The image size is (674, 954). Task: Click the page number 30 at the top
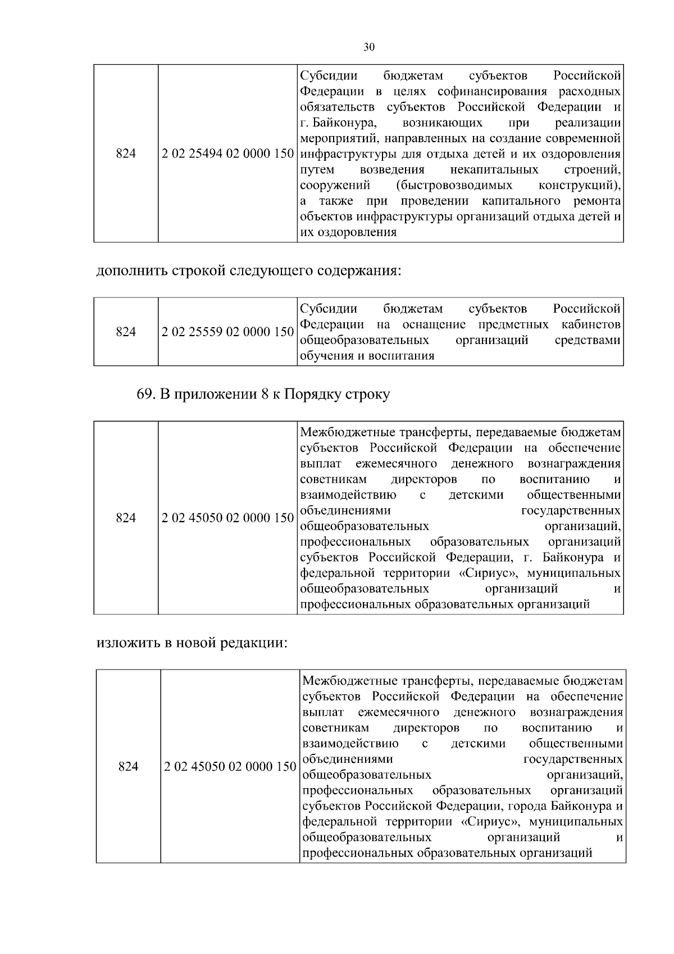368,47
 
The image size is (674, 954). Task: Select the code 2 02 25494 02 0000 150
227,153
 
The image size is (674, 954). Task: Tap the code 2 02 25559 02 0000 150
227,332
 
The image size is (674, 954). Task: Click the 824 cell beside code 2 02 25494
126,153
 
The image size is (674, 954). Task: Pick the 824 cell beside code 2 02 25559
126,332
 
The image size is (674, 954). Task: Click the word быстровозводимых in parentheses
454,185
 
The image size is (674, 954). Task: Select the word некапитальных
494,169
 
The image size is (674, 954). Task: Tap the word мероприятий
333,138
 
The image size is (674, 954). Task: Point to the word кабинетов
591,324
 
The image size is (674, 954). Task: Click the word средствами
588,340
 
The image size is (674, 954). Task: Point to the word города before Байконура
527,806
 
